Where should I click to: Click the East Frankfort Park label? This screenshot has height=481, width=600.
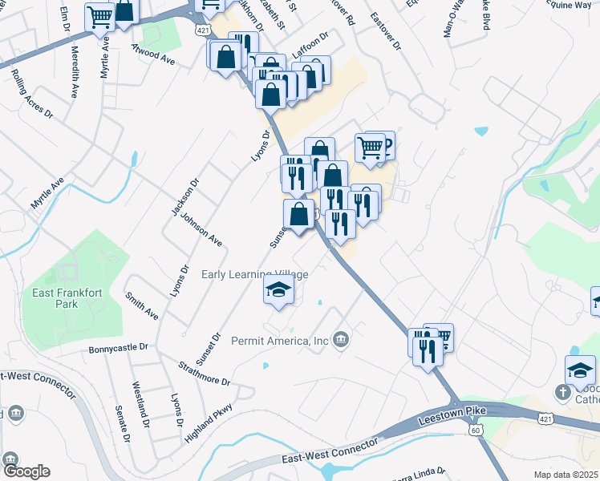tap(67, 298)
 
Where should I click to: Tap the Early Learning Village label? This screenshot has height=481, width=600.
tap(254, 274)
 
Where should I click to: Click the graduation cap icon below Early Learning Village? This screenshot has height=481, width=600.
tap(278, 291)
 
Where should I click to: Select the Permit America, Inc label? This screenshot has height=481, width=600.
tap(280, 341)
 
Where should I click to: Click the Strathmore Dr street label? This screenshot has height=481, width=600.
tap(204, 371)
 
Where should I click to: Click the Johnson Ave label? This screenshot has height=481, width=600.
tap(201, 229)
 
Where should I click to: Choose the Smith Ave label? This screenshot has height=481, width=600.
tap(142, 306)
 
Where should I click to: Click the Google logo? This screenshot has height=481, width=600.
tap(26, 471)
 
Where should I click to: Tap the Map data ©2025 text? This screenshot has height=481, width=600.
tap(566, 475)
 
